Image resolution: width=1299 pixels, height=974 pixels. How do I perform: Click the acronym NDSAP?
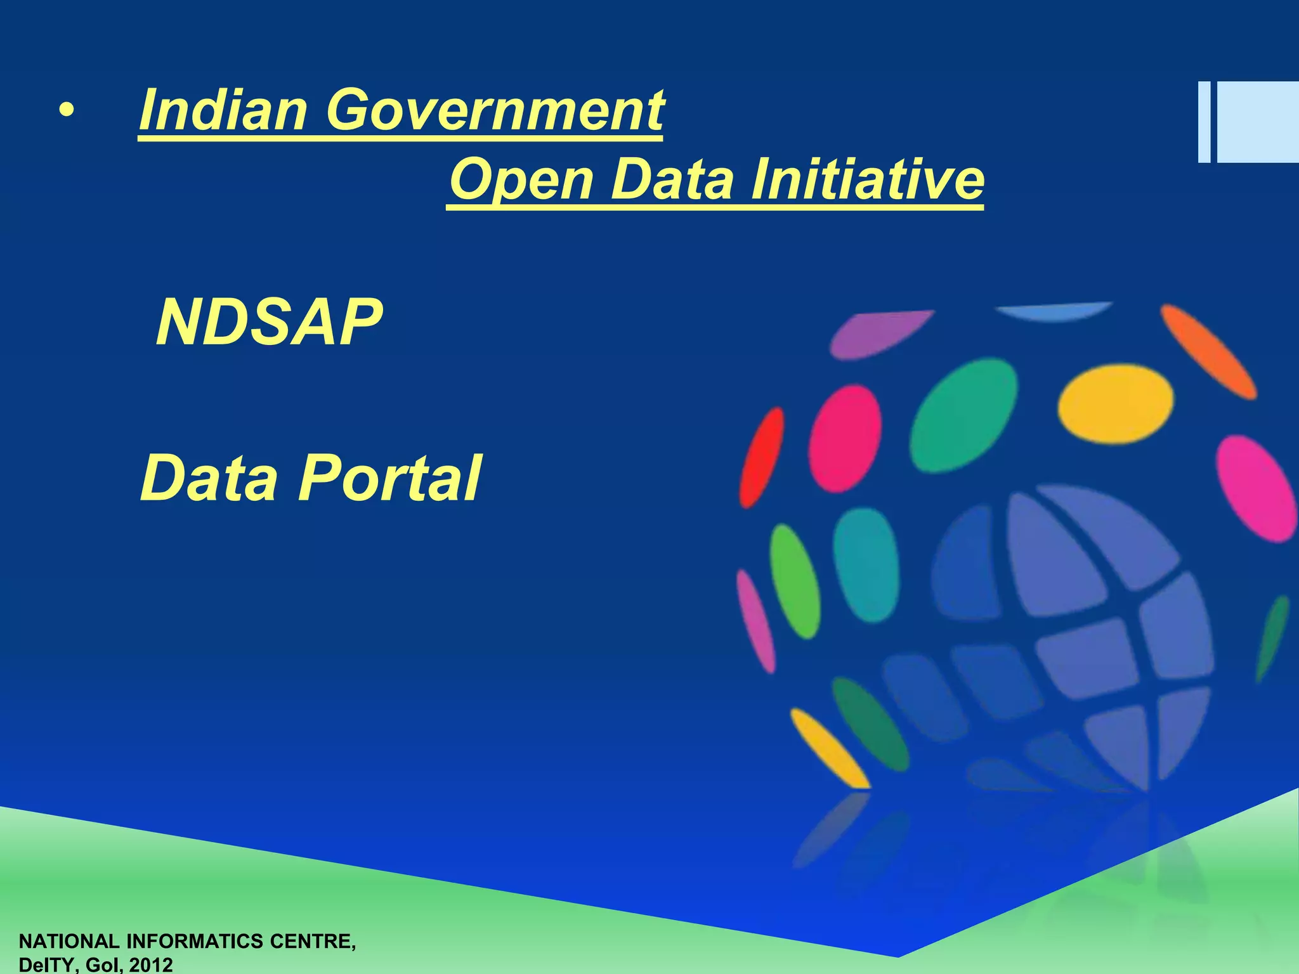269,323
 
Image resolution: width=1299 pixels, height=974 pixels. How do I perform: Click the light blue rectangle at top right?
1256,122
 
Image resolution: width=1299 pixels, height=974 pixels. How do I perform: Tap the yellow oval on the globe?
1115,403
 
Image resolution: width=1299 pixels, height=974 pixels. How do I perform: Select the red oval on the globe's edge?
761,457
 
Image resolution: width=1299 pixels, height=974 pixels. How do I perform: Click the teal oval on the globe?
866,564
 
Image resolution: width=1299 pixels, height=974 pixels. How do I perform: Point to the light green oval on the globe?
794,580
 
